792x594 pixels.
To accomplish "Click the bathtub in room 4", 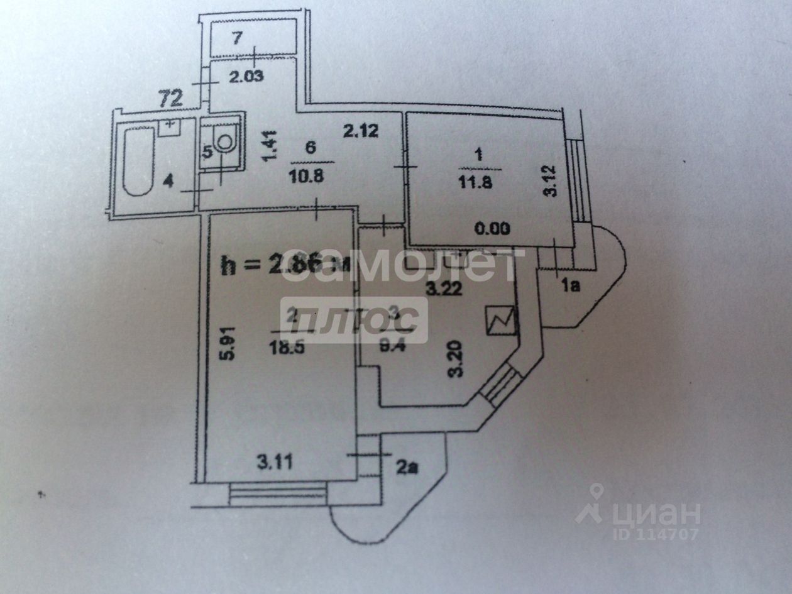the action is (138, 160).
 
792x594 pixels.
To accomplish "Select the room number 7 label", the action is (236, 38).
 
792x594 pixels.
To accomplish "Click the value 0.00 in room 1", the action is (492, 229).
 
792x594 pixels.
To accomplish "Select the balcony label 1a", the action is (569, 286).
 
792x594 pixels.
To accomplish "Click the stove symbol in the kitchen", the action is (500, 321).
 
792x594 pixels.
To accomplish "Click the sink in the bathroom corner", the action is (168, 127).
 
